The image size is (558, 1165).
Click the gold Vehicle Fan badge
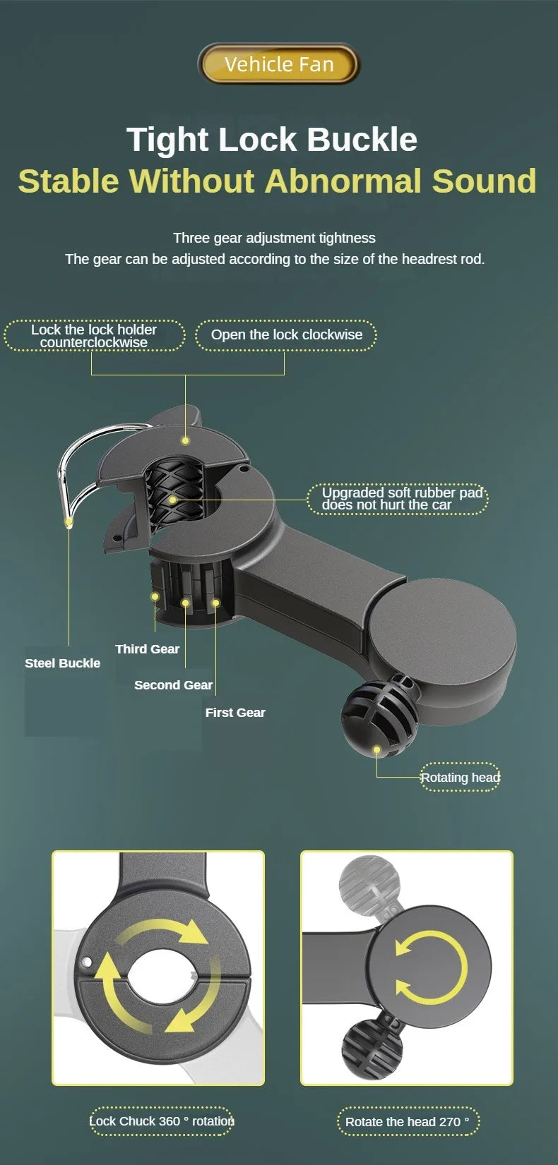coord(279,64)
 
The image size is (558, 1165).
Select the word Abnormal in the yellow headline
coord(343,181)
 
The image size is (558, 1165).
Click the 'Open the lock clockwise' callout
coord(286,335)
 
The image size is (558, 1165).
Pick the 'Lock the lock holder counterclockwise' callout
coord(94,336)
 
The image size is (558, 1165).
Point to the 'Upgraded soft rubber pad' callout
coord(398,499)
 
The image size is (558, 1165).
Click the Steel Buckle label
coord(62,663)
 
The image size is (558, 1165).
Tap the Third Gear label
coord(148,649)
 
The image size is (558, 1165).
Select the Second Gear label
coord(173,685)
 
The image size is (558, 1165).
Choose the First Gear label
coord(235,713)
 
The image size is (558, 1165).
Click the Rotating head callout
coord(460,777)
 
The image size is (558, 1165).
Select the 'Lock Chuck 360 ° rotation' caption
coord(161,1121)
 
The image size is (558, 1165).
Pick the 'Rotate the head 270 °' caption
coord(408,1122)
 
